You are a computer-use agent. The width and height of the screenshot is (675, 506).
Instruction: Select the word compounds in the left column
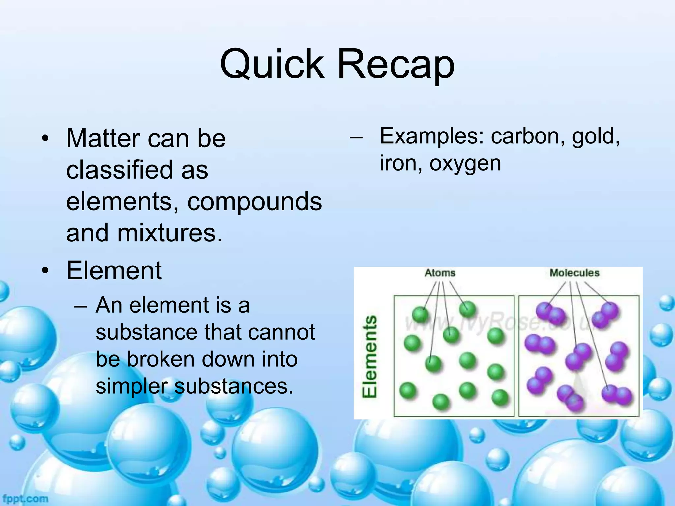[x=254, y=202]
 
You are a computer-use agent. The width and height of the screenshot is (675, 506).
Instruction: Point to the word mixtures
[x=170, y=233]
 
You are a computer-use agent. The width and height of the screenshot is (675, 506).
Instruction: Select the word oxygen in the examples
[x=465, y=163]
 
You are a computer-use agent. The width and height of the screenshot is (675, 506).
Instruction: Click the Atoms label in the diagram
[x=440, y=273]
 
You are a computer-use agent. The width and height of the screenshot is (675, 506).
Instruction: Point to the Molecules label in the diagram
[x=574, y=273]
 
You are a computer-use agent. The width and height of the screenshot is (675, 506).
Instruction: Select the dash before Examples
[x=356, y=137]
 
